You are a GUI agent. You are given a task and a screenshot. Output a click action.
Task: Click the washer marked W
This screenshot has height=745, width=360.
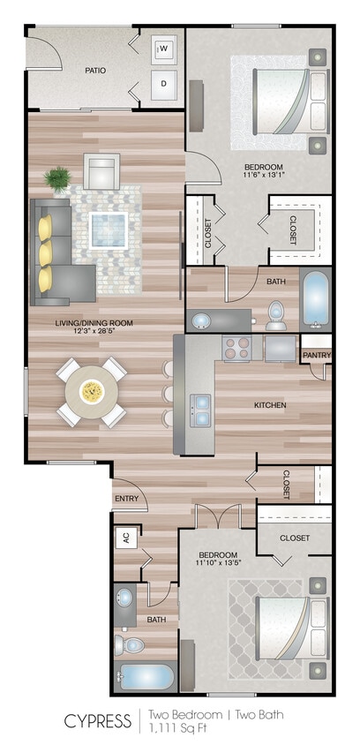click(164, 50)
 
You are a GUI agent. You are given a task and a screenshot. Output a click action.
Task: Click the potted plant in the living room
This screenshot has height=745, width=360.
click(59, 179)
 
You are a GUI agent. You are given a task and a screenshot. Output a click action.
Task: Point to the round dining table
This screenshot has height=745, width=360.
click(92, 391)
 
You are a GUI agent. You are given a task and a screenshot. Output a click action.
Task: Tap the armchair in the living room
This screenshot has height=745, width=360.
click(101, 169)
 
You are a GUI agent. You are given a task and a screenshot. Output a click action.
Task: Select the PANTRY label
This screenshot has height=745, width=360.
click(317, 355)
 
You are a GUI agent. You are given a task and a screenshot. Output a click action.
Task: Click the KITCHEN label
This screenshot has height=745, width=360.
click(271, 404)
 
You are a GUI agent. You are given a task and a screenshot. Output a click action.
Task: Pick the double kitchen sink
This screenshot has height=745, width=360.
click(201, 406)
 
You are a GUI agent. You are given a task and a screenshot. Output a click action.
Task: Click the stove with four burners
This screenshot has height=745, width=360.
click(237, 349)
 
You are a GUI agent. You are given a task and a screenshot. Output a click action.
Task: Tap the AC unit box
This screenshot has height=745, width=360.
click(125, 537)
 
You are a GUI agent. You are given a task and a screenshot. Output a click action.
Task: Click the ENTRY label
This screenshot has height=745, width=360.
click(127, 499)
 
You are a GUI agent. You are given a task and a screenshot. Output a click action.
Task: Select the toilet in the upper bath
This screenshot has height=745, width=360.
click(275, 312)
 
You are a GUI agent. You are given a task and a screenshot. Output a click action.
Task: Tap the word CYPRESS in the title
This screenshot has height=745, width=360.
click(96, 719)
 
